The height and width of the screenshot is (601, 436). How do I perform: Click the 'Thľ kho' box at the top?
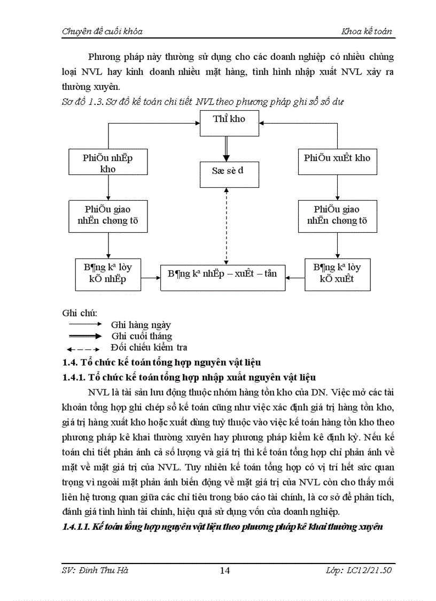(229, 123)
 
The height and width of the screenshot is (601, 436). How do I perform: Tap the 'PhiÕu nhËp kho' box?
(108, 163)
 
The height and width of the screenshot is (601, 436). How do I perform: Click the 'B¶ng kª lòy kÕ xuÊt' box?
(337, 274)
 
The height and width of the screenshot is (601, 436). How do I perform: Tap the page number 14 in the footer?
(225, 570)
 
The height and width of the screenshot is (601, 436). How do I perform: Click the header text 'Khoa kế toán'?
(367, 32)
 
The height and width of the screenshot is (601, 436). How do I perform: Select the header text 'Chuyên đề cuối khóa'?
(102, 32)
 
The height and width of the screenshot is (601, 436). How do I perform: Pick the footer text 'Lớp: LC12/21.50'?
(359, 570)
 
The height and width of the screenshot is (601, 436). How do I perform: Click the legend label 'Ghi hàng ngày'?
(141, 325)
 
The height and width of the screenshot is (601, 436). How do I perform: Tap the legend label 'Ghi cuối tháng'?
(141, 336)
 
